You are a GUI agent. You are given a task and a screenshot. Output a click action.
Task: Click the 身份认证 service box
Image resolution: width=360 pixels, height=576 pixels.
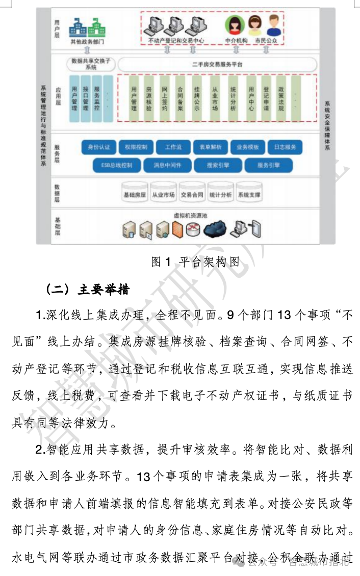(99, 147)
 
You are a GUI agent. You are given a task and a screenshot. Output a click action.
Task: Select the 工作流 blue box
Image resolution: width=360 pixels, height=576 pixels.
(173, 147)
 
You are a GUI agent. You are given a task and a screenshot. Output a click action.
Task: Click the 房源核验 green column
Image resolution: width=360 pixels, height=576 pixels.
(149, 98)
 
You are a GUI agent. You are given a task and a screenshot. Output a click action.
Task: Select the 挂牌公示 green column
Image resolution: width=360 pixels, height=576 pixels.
(197, 98)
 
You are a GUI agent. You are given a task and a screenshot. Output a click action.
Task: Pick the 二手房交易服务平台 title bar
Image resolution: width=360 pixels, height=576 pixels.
(217, 65)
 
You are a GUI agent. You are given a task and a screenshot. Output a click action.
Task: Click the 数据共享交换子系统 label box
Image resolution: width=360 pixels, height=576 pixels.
(91, 64)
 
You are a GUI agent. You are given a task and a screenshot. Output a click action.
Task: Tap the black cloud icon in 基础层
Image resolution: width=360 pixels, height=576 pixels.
(215, 230)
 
